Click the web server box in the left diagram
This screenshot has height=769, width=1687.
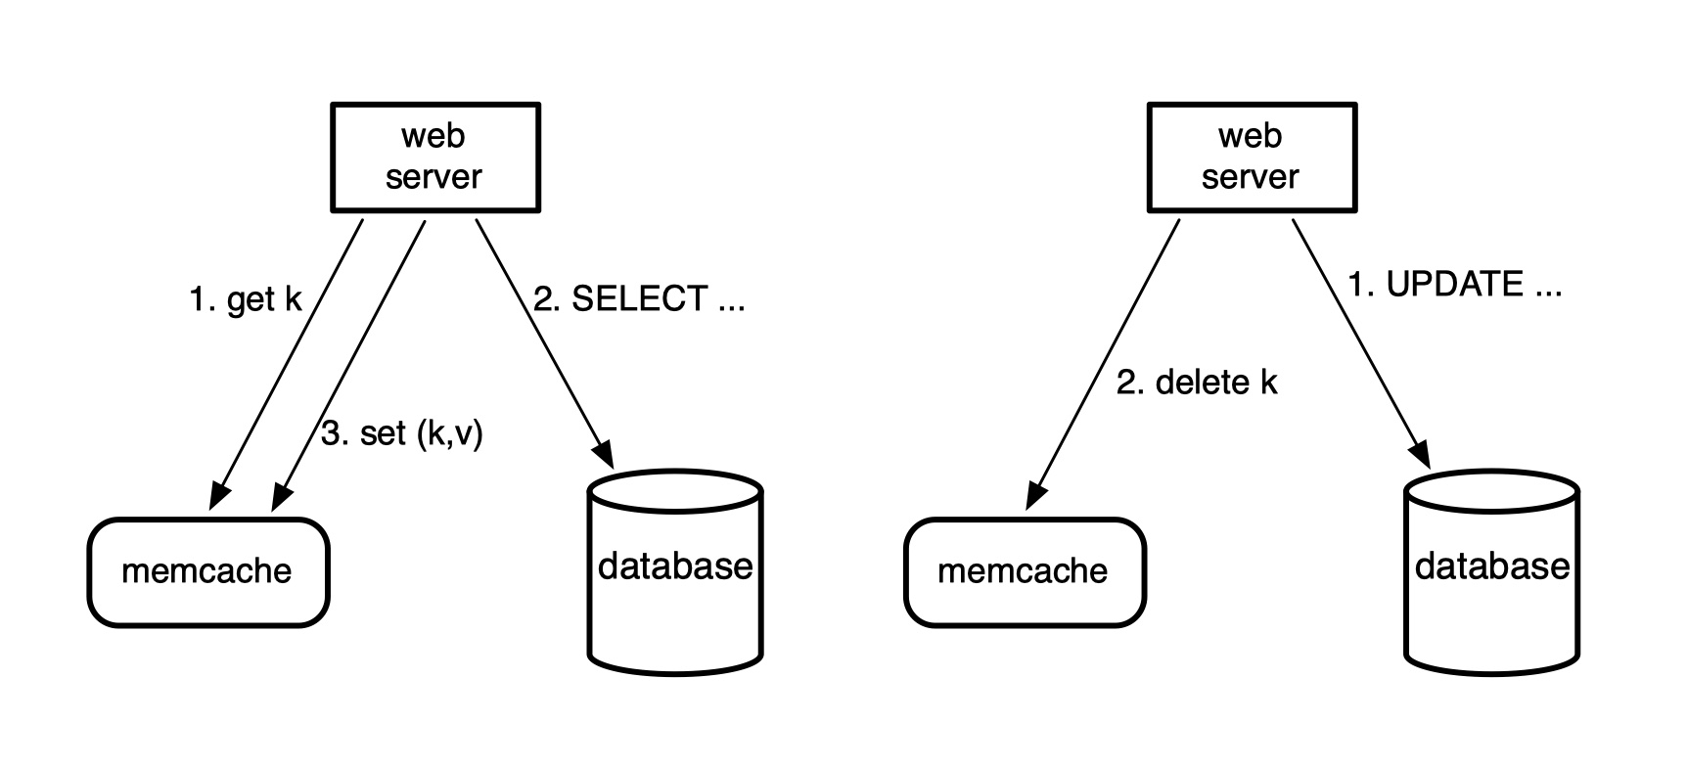tap(435, 158)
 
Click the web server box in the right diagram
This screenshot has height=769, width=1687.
tap(1252, 158)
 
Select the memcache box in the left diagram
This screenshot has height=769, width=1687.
tap(207, 572)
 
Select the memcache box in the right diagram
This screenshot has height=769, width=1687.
tap(1024, 572)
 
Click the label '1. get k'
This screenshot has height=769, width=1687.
tap(246, 299)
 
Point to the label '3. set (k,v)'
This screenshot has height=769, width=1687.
tap(402, 432)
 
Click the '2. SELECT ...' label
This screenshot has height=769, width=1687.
tap(639, 299)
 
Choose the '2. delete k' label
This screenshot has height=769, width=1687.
tap(1197, 383)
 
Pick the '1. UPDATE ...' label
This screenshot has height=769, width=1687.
tap(1455, 285)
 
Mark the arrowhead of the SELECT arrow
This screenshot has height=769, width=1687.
tap(605, 454)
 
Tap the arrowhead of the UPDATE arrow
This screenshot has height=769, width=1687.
tap(1421, 454)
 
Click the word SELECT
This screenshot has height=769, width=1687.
tap(639, 299)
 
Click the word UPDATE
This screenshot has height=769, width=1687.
tap(1455, 285)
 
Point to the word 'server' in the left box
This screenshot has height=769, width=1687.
tap(433, 177)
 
